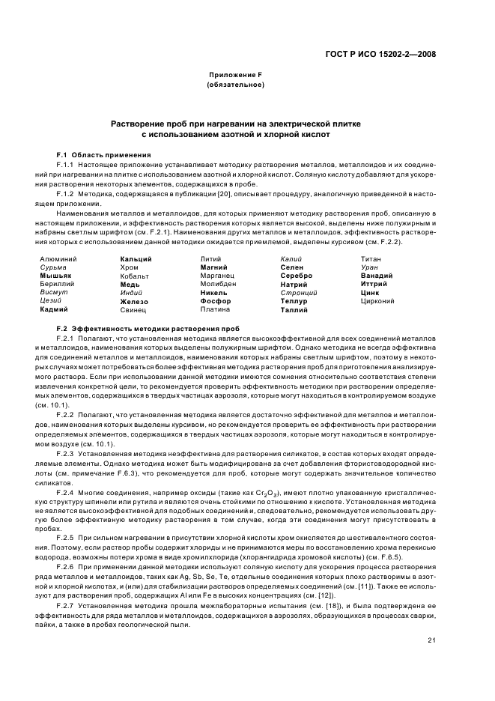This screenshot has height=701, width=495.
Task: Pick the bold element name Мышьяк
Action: click(55, 276)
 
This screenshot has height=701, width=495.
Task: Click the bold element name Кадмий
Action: click(54, 309)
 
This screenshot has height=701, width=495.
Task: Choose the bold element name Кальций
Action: click(136, 258)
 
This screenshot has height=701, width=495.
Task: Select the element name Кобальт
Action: click(135, 276)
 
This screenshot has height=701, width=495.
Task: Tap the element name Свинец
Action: click(133, 309)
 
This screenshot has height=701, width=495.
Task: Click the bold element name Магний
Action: click(214, 267)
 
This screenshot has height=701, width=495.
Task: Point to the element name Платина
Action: click(216, 309)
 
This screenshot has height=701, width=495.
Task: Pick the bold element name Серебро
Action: click(297, 276)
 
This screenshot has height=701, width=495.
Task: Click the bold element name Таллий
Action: click(294, 309)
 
